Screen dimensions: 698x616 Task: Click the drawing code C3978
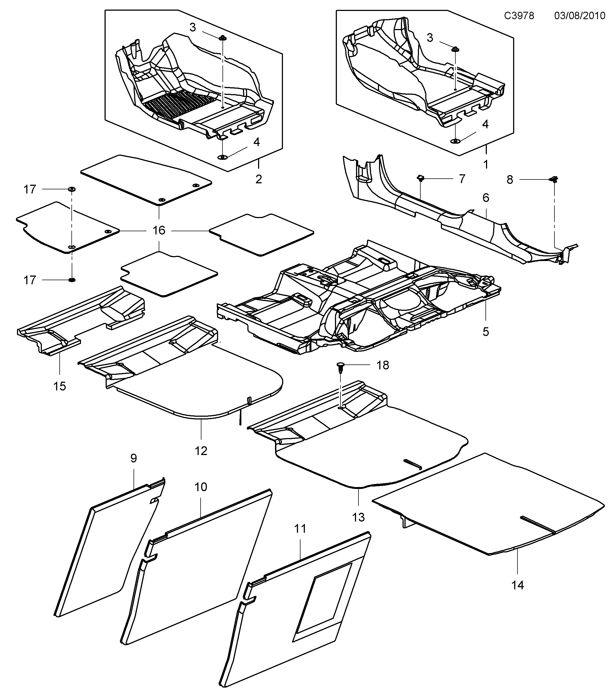tap(519, 16)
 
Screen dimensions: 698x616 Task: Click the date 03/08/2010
tap(579, 16)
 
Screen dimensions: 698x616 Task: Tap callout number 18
tap(383, 365)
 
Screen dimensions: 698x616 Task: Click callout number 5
tap(485, 331)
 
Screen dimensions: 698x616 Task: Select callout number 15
tap(59, 386)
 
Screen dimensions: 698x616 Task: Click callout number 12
tap(201, 451)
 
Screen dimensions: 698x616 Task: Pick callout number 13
tap(358, 517)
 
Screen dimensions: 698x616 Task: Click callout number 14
tap(517, 585)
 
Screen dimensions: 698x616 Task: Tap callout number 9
tap(134, 458)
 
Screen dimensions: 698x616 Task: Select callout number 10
tap(201, 487)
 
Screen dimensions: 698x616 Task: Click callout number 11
tap(300, 529)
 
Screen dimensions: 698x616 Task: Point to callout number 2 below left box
tap(259, 179)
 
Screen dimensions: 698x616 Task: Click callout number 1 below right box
tap(485, 165)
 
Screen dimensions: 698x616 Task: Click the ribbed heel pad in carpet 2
tap(181, 104)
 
